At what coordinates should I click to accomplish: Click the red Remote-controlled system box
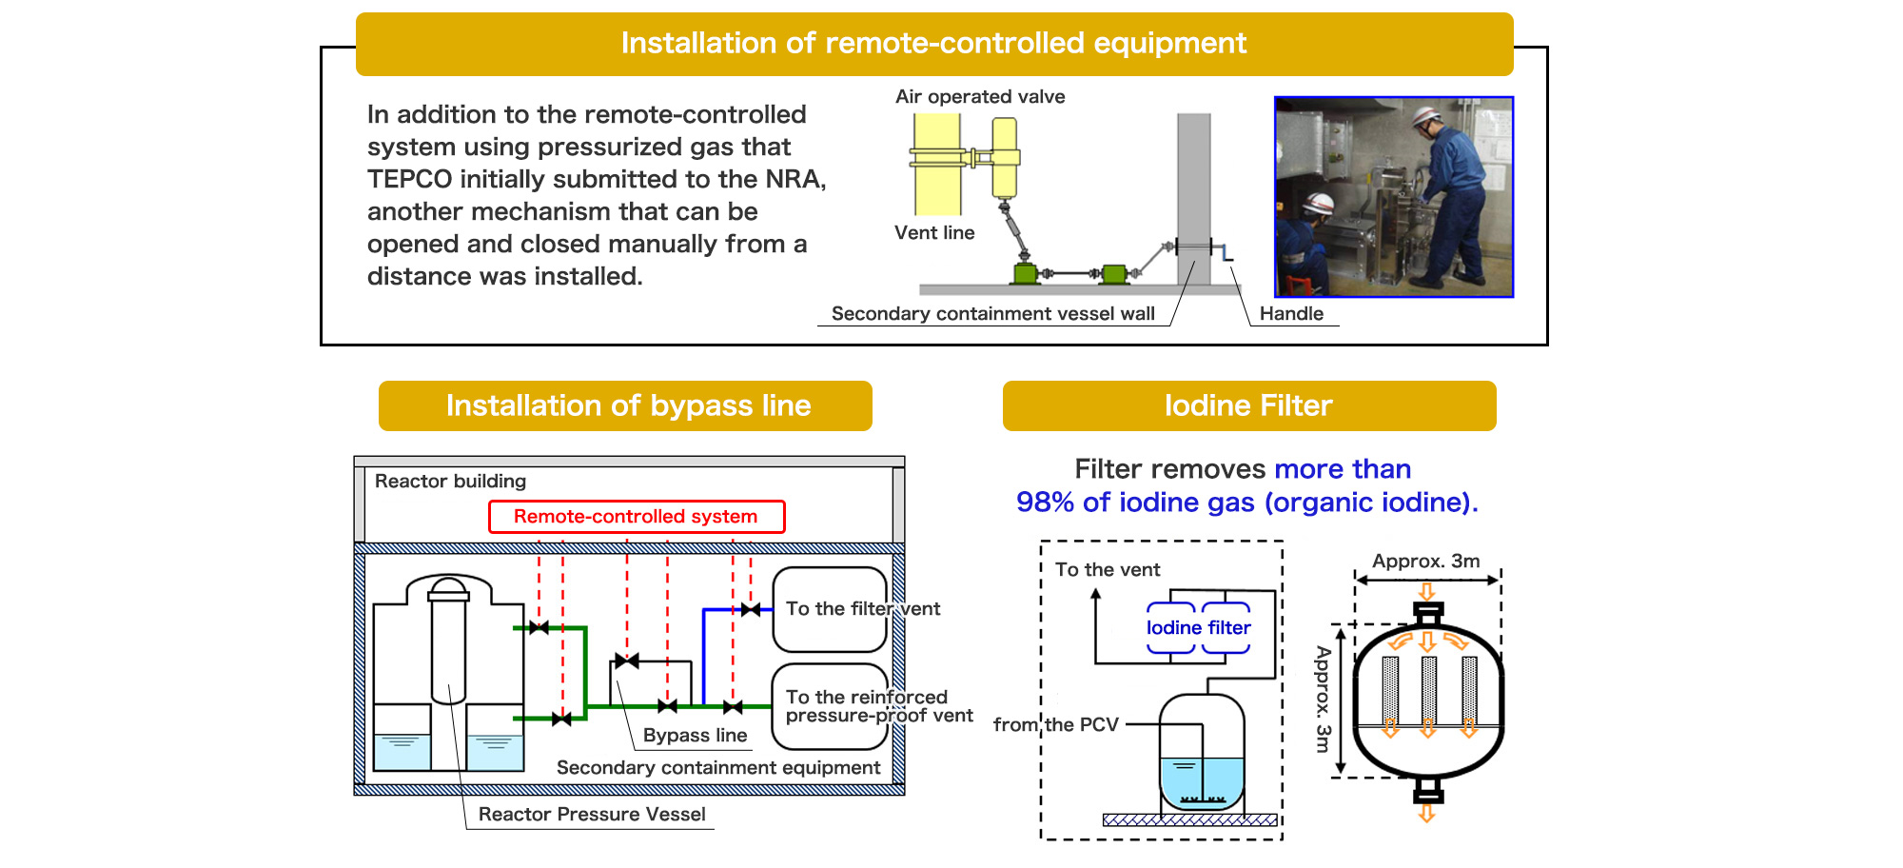pos(637,517)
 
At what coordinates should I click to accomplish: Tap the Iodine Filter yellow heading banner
pos(1249,405)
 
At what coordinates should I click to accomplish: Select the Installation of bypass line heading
pos(625,405)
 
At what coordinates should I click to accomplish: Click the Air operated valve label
pos(980,96)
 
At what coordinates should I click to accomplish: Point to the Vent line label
pos(934,232)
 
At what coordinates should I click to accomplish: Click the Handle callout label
pos(1291,313)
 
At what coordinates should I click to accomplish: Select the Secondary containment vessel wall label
pos(992,313)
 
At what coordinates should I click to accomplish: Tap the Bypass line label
pos(695,735)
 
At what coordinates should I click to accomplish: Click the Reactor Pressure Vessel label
pos(592,814)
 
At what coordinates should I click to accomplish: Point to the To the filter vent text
pos(863,608)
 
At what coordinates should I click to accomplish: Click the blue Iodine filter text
pos(1198,627)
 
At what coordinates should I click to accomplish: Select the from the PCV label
pos(1056,724)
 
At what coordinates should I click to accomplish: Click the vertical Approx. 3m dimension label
pos(1323,700)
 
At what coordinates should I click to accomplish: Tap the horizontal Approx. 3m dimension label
pos(1425,561)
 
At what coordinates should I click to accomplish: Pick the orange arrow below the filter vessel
pos(1426,813)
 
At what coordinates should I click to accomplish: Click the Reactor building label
pos(450,481)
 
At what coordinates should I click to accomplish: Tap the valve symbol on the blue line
pos(751,609)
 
